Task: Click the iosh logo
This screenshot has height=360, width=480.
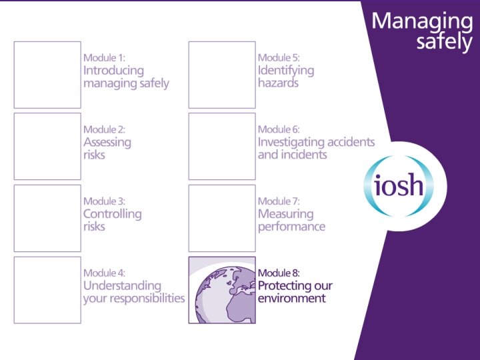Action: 399,185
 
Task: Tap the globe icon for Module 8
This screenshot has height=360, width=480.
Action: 221,290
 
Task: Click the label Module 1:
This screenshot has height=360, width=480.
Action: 104,58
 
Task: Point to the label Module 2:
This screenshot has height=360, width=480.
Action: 104,129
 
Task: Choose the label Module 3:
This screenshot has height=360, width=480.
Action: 104,201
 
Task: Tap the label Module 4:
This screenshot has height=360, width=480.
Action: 105,273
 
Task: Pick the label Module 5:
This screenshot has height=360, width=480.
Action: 279,58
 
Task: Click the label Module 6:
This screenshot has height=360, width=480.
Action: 279,129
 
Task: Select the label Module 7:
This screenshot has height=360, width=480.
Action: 279,201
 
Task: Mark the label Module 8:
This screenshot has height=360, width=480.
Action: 279,273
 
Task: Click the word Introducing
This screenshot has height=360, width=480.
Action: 113,71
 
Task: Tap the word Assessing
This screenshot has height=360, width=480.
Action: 107,142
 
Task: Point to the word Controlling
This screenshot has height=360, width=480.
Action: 112,214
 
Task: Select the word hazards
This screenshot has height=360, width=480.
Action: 278,83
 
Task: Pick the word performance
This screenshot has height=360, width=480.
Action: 291,227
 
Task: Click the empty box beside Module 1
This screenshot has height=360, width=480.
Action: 47,75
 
